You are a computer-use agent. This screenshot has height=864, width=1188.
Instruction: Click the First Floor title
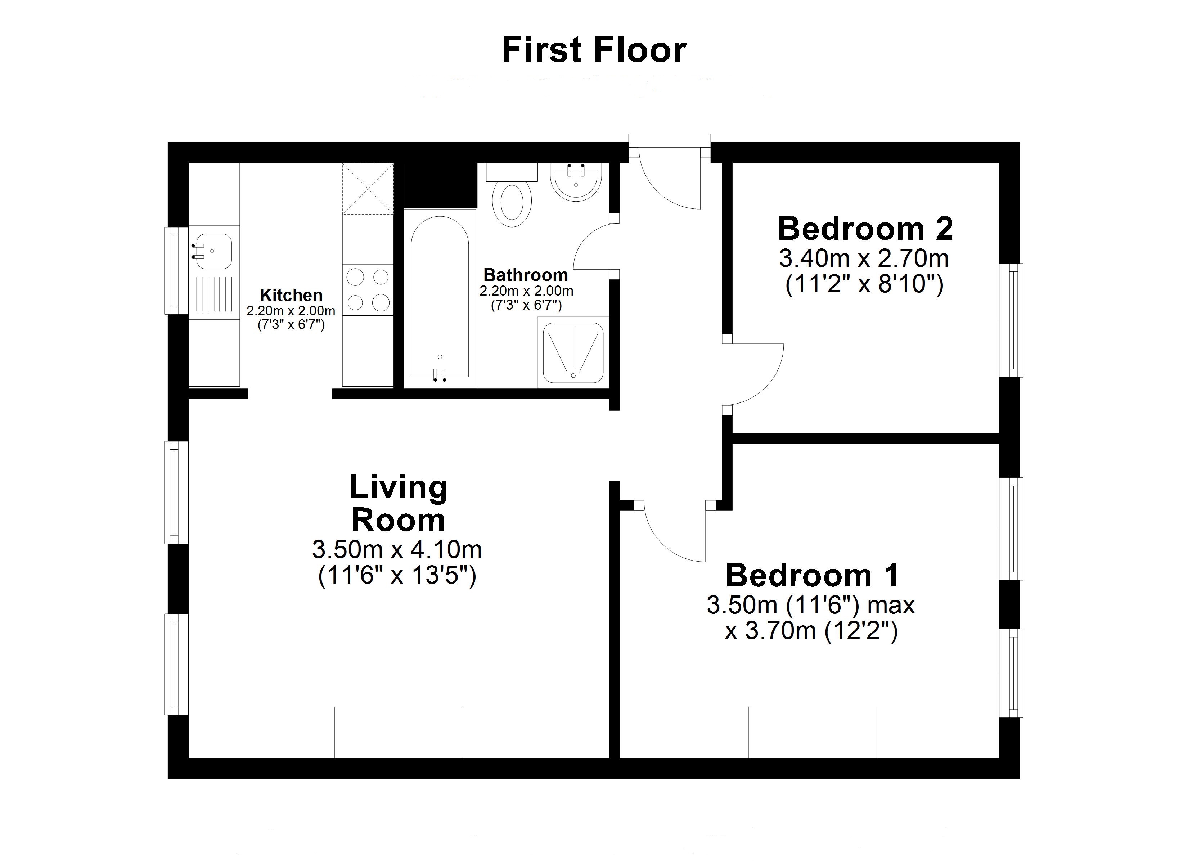(x=594, y=50)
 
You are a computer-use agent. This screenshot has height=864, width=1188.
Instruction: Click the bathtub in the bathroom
(x=440, y=299)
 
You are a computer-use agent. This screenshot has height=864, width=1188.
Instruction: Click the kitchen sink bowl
(x=213, y=252)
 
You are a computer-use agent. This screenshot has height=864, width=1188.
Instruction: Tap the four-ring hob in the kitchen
(x=368, y=290)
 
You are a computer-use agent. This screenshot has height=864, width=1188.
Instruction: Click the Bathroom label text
(x=525, y=275)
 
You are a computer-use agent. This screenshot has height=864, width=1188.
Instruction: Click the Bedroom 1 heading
(x=813, y=575)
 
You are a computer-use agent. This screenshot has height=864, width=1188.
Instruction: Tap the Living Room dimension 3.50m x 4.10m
(x=397, y=550)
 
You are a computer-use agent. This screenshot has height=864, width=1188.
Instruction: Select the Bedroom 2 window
(x=1012, y=320)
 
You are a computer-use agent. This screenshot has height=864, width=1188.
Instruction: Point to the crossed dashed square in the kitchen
(x=368, y=189)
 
